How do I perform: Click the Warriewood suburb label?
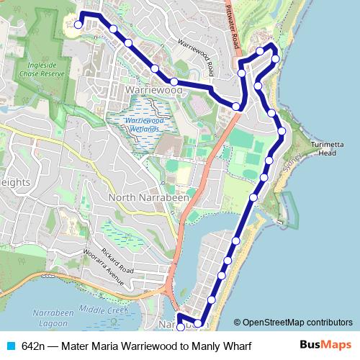[153, 91]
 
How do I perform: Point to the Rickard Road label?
[119, 261]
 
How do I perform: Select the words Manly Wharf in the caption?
[225, 346]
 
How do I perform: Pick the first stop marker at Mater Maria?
[78, 24]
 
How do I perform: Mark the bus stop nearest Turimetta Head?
[282, 131]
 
